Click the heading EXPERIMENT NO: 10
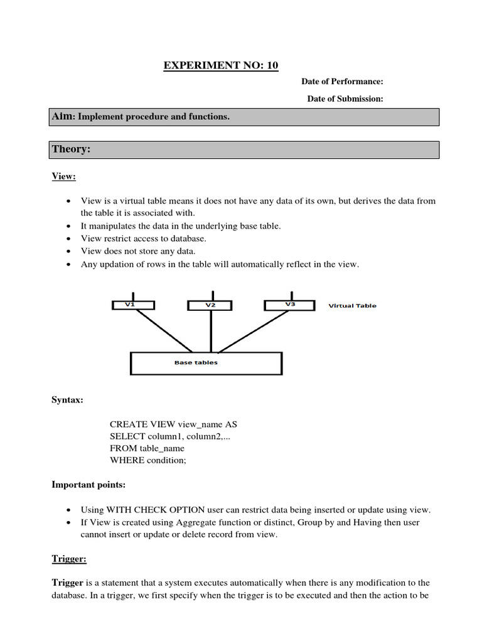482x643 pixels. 220,65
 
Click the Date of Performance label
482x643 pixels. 342,82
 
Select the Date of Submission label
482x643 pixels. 345,99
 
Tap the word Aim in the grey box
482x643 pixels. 63,117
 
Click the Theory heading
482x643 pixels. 72,149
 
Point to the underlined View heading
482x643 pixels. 63,176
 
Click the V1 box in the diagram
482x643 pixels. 131,305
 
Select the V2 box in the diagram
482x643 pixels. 211,305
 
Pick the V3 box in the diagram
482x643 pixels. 289,305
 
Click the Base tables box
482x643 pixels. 206,363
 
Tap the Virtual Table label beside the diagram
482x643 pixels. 353,306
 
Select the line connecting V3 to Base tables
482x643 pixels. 254,331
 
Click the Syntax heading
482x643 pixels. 67,400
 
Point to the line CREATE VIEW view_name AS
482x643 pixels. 173,424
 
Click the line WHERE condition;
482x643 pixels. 148,460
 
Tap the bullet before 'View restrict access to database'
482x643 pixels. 68,239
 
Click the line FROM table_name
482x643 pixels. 147,448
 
